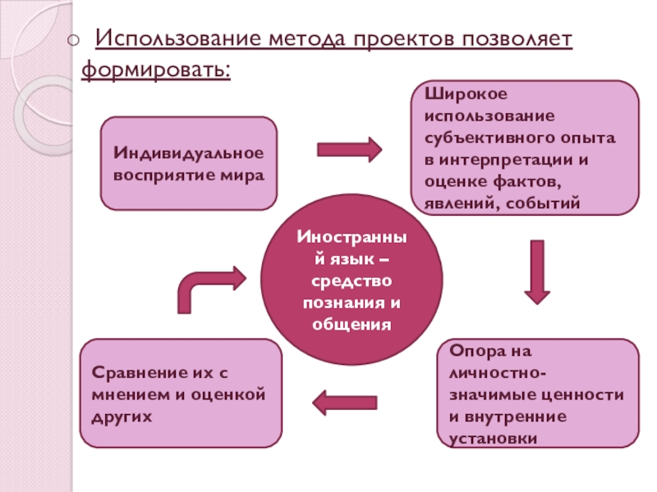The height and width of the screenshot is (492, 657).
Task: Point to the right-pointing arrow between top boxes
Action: click(x=349, y=149)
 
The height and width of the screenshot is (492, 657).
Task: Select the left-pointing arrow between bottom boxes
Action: click(x=345, y=402)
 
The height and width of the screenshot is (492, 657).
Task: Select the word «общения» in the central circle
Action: click(x=350, y=325)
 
